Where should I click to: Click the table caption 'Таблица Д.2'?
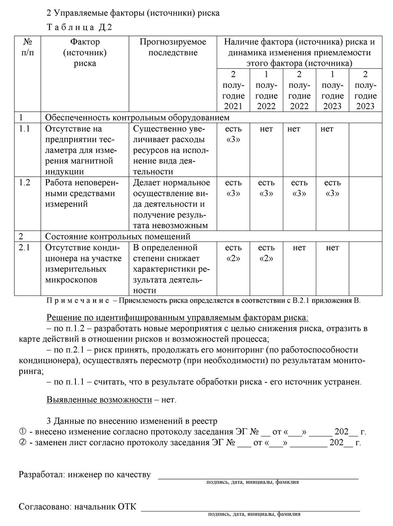pyautogui.click(x=79, y=27)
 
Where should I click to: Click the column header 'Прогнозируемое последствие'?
pyautogui.click(x=172, y=47)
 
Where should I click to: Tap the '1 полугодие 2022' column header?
pyautogui.click(x=266, y=90)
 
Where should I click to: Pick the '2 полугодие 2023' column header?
pyautogui.click(x=365, y=90)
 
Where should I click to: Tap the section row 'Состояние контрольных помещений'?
pyautogui.click(x=118, y=237)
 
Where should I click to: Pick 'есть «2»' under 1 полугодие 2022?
pyautogui.click(x=266, y=253)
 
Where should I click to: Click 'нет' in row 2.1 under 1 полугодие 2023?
pyautogui.click(x=332, y=248)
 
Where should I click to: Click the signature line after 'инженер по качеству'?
pyautogui.click(x=258, y=476)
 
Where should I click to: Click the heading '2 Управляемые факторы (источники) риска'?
pyautogui.click(x=133, y=13)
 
